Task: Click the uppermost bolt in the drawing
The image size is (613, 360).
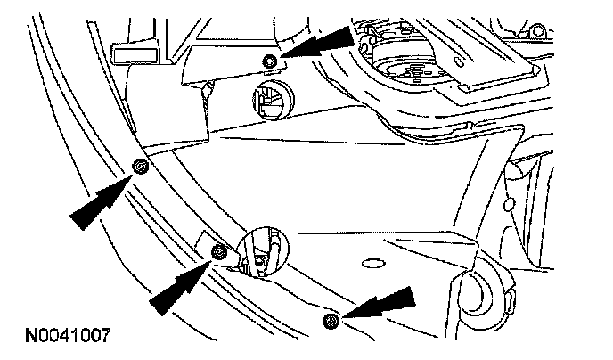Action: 269,60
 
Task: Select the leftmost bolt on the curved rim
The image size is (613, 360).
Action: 139,167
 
